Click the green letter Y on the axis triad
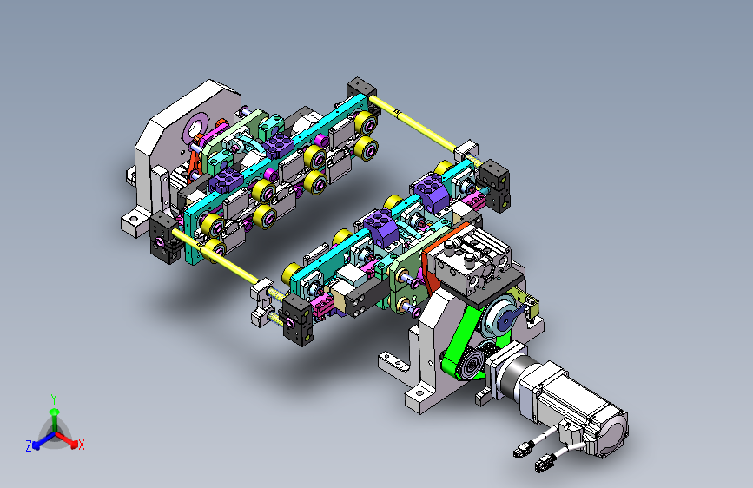click(x=54, y=399)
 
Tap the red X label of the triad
click(x=81, y=445)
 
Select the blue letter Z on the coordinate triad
click(x=29, y=446)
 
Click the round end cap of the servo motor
click(x=612, y=431)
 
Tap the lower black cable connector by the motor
click(x=544, y=464)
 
